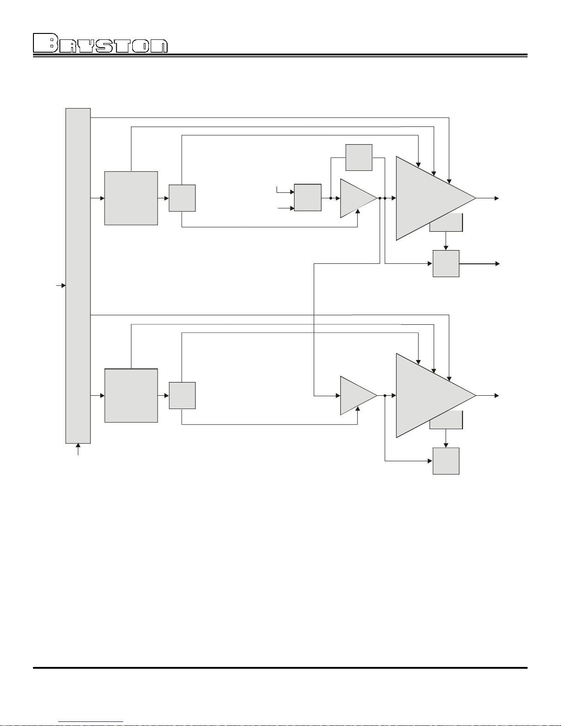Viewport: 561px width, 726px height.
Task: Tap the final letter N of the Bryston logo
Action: [159, 46]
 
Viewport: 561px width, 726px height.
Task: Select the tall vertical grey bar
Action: [78, 276]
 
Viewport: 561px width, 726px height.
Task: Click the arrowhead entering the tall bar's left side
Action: [64, 286]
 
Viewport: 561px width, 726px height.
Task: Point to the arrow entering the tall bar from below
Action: [78, 449]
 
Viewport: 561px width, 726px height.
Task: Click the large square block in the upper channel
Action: [131, 198]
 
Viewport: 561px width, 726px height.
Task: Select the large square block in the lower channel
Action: [131, 396]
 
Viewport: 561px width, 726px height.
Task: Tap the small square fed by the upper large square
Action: [182, 198]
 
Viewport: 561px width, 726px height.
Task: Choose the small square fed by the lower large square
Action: [182, 396]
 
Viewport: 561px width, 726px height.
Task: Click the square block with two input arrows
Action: [308, 197]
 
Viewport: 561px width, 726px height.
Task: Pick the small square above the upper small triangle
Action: [359, 158]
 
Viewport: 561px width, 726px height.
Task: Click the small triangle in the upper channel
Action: [356, 198]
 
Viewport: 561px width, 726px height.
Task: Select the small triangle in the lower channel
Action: [356, 396]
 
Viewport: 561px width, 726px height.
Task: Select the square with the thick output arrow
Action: [446, 264]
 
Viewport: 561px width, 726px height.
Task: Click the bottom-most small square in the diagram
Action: [446, 461]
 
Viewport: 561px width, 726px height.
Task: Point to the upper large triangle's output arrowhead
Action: [496, 198]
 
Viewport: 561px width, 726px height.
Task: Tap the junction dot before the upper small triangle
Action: [331, 198]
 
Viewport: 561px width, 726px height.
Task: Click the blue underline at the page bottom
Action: [91, 722]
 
